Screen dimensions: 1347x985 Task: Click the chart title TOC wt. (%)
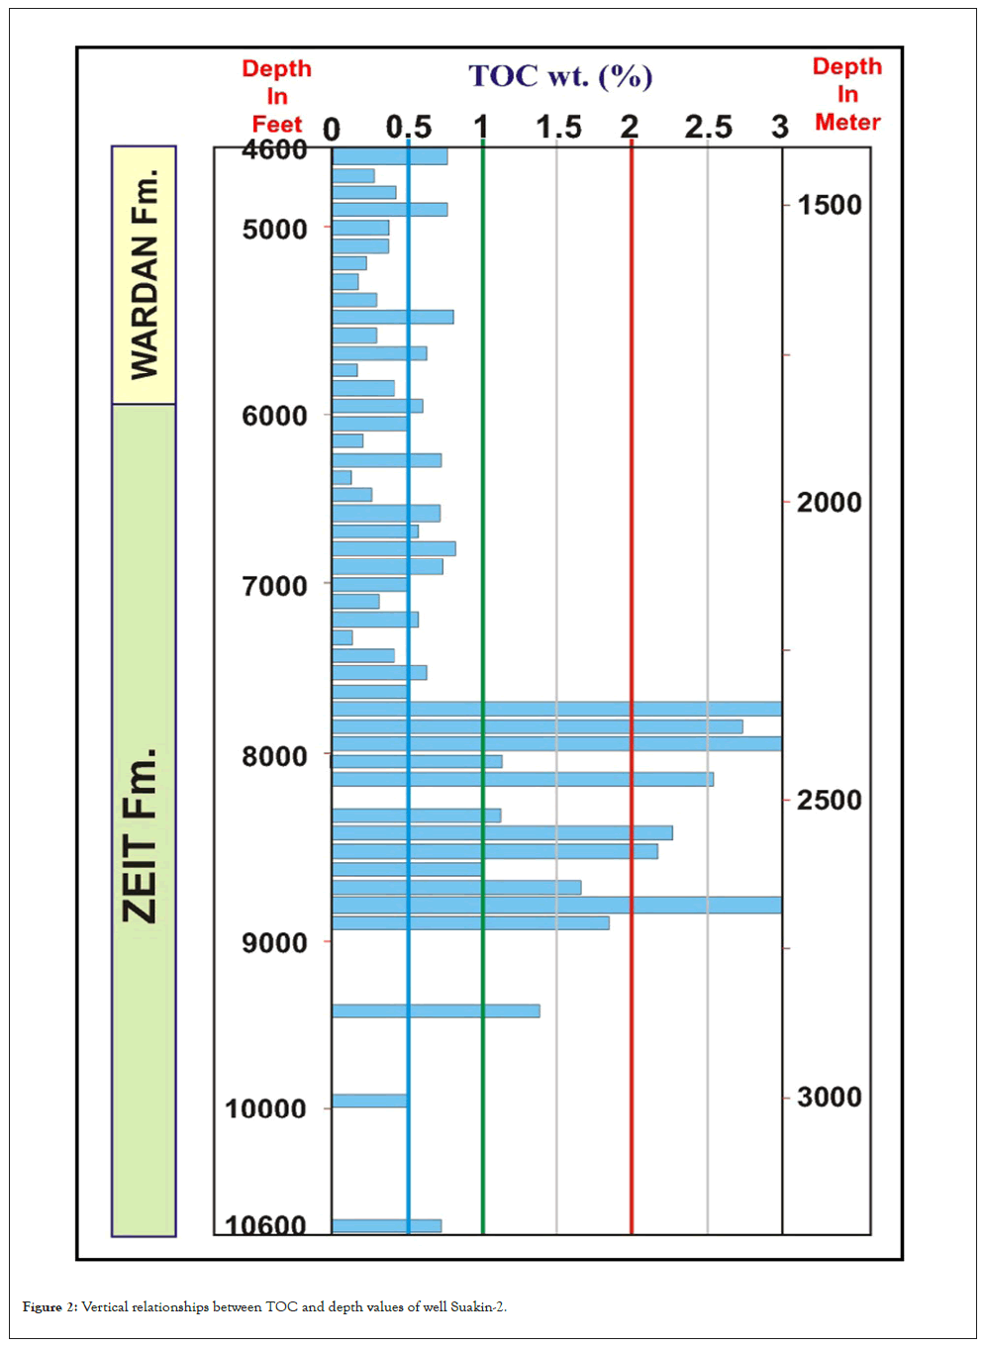560,76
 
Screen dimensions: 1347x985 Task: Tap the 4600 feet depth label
274,149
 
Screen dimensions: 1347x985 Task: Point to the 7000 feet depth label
274,586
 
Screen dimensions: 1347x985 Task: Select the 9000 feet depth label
274,942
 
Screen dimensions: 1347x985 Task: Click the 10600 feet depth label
265,1225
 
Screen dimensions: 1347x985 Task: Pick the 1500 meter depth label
830,205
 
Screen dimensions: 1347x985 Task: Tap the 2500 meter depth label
830,800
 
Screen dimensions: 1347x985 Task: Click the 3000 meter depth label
830,1097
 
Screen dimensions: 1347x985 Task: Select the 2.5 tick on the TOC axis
708,128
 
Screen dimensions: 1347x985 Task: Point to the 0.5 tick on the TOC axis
409,128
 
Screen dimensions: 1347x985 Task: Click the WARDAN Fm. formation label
145,274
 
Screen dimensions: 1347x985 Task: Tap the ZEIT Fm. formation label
141,836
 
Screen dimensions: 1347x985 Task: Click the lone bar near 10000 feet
370,1101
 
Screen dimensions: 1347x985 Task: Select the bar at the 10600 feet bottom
386,1226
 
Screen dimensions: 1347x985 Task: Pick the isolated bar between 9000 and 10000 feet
436,1010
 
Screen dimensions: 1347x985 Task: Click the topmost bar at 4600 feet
389,156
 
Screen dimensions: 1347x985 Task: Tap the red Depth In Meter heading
847,94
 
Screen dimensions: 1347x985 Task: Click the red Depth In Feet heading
277,96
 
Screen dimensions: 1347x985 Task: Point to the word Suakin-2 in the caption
477,1307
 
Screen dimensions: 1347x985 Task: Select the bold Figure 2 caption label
49,1307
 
